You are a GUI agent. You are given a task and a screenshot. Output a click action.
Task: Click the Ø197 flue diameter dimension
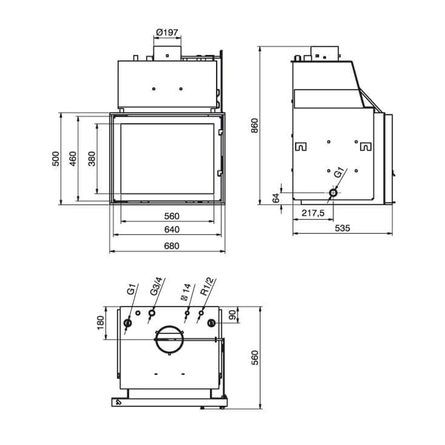click(x=167, y=32)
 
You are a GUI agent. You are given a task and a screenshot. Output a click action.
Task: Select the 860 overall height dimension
click(x=255, y=126)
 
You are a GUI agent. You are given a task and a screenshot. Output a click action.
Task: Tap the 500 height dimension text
click(x=56, y=159)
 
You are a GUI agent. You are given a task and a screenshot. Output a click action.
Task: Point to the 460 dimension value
click(x=73, y=159)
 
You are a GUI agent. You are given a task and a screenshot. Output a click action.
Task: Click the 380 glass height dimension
click(x=91, y=159)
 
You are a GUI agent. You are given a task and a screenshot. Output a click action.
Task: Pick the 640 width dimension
click(x=172, y=229)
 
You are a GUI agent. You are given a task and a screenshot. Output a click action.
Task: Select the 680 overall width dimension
click(x=172, y=246)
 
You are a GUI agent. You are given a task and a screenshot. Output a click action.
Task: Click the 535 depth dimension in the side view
click(x=342, y=228)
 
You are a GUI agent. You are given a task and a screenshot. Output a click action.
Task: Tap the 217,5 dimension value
click(x=313, y=213)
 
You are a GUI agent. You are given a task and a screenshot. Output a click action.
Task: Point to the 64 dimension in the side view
click(x=276, y=198)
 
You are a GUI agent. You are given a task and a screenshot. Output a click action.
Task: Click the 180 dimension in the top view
click(x=100, y=323)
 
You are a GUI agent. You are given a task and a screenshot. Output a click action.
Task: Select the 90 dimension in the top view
click(x=232, y=315)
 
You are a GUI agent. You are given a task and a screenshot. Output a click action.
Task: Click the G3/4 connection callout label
click(x=157, y=286)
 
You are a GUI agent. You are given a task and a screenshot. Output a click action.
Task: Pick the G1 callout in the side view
click(x=339, y=173)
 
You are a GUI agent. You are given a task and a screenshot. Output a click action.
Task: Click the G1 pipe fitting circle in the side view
click(x=333, y=193)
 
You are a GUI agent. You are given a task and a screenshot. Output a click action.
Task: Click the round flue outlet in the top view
click(x=170, y=326)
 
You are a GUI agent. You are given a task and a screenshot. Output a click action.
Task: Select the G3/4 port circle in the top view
click(x=152, y=313)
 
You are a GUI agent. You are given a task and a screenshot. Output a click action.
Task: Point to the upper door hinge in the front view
click(x=220, y=132)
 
